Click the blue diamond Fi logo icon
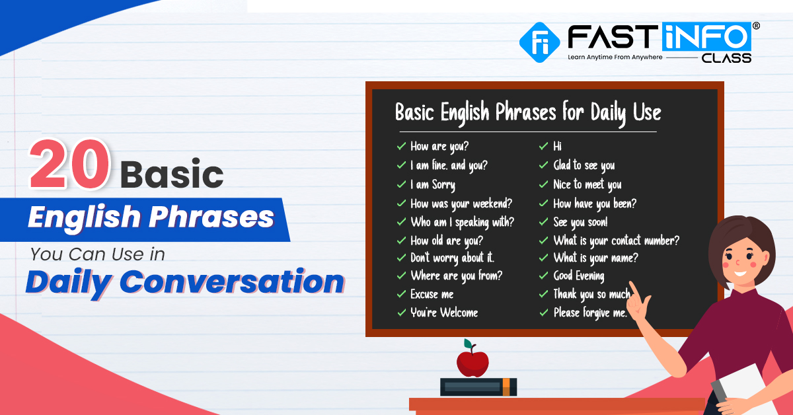pyautogui.click(x=539, y=42)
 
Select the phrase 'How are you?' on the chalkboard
pyautogui.click(x=439, y=146)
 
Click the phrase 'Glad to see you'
pyautogui.click(x=584, y=165)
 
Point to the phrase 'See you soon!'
pyautogui.click(x=581, y=223)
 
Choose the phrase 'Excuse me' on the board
pyautogui.click(x=432, y=294)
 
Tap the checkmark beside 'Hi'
pyautogui.click(x=543, y=146)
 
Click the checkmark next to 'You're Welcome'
pyautogui.click(x=402, y=313)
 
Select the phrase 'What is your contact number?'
pyautogui.click(x=617, y=241)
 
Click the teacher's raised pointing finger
pyautogui.click(x=634, y=291)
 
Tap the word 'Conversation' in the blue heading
pyautogui.click(x=232, y=282)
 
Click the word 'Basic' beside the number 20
pyautogui.click(x=172, y=174)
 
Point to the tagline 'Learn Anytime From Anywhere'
pyautogui.click(x=615, y=57)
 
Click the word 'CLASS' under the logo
pyautogui.click(x=726, y=58)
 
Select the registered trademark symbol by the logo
pyautogui.click(x=756, y=26)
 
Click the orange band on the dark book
pyautogui.click(x=506, y=387)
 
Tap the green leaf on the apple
pyautogui.click(x=468, y=344)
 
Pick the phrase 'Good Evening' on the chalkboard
pyautogui.click(x=579, y=276)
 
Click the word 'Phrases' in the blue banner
pyautogui.click(x=211, y=217)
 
